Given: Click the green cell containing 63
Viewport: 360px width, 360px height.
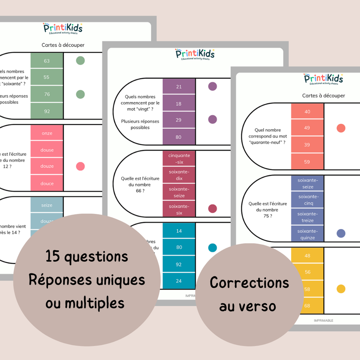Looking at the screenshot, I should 47,61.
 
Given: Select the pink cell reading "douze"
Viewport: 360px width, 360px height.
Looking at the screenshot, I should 47,166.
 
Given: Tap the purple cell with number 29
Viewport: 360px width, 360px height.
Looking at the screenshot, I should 179,120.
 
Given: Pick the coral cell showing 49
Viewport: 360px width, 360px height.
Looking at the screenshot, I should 307,128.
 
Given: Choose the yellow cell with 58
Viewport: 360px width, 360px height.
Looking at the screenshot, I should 307,289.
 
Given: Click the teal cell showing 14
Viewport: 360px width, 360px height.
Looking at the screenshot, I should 179,231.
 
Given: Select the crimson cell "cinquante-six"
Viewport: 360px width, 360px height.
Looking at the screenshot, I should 179,159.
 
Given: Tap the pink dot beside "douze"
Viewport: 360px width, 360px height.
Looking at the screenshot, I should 81,166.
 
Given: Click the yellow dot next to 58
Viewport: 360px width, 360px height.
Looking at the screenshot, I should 341,289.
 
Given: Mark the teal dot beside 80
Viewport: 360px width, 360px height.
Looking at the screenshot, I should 212,247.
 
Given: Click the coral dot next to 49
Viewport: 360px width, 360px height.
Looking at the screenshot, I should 341,128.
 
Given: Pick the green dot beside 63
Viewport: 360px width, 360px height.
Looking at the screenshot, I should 81,60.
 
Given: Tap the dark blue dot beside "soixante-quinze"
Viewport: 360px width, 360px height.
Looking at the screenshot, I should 341,233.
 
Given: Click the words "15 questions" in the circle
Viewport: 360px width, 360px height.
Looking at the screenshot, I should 87,257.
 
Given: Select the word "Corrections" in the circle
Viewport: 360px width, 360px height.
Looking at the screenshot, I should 249,283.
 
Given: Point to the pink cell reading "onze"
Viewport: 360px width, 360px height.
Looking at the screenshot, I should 47,133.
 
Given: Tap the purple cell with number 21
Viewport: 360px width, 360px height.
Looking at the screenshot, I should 179,87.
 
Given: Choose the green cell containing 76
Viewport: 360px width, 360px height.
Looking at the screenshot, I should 47,94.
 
